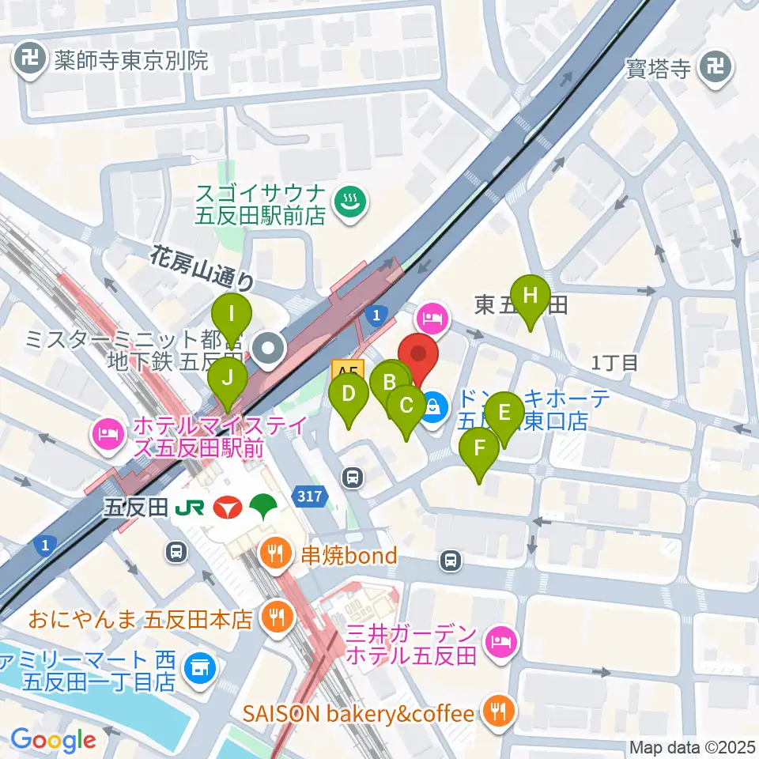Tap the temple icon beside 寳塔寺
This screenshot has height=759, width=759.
(717, 66)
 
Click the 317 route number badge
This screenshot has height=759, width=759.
(310, 497)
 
